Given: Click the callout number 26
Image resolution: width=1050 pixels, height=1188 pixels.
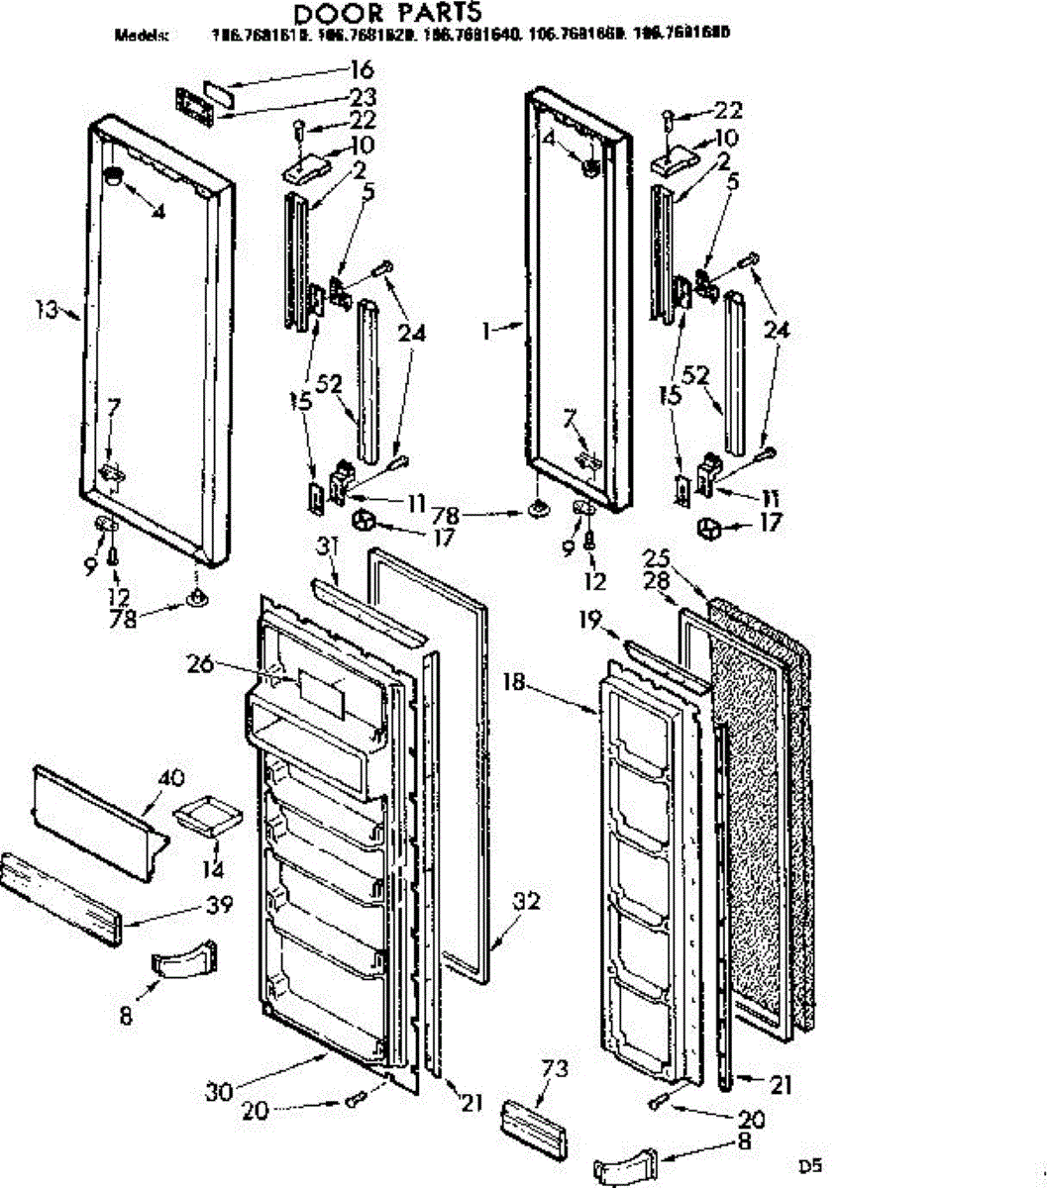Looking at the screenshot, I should coord(200,664).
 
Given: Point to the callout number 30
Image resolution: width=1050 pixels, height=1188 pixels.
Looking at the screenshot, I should coord(219,1092).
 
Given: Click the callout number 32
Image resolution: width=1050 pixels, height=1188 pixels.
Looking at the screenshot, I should coord(527,903).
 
